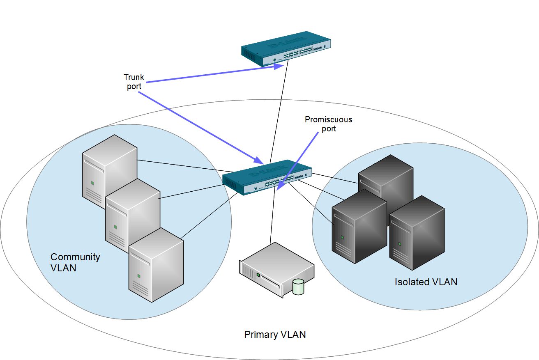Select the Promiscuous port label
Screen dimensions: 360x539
(328, 124)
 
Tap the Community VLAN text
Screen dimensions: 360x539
(75, 262)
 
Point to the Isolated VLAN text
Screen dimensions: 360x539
(426, 282)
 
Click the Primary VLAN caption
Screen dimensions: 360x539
(275, 335)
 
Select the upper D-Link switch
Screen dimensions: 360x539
(286, 48)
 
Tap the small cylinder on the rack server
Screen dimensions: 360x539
(298, 287)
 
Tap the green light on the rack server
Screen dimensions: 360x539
(258, 275)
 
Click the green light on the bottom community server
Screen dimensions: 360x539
(138, 275)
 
